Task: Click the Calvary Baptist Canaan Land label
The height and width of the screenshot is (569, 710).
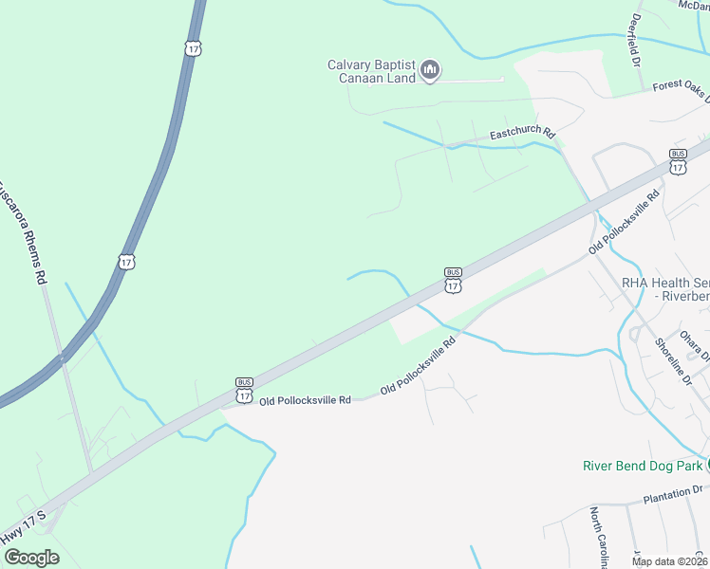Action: pyautogui.click(x=372, y=71)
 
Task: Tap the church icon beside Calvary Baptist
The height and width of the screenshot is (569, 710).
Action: pyautogui.click(x=430, y=69)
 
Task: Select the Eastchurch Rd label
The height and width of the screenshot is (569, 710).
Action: pyautogui.click(x=521, y=134)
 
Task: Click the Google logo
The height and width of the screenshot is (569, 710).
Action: pyautogui.click(x=31, y=557)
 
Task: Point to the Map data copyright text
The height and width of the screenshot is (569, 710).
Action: pyautogui.click(x=670, y=561)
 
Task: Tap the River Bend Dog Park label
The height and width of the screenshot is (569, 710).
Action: pyautogui.click(x=643, y=466)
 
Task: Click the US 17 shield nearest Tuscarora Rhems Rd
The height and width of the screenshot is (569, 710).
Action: pyautogui.click(x=126, y=260)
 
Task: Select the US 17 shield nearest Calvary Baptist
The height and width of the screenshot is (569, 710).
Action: pyautogui.click(x=194, y=46)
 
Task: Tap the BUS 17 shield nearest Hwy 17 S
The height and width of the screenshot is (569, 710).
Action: pyautogui.click(x=245, y=392)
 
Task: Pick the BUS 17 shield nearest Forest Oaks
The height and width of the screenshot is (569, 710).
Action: pyautogui.click(x=678, y=161)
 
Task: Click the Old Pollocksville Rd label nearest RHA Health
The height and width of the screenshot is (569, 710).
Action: pyautogui.click(x=624, y=222)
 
